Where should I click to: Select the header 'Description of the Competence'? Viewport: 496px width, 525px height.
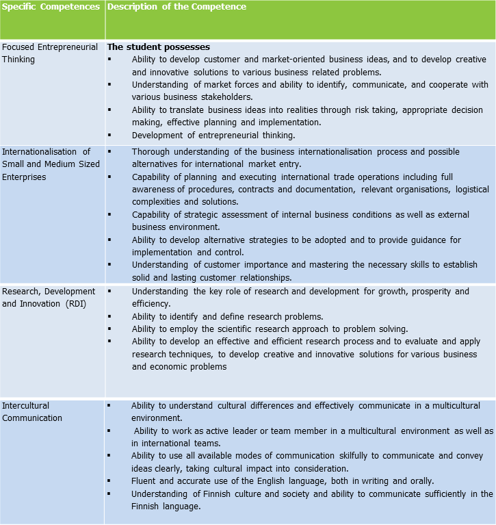click(x=177, y=7)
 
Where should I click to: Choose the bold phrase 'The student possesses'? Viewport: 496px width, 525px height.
click(x=158, y=47)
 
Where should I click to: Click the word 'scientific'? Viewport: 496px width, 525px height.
click(x=246, y=329)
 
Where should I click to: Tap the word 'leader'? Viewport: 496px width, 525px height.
click(x=252, y=431)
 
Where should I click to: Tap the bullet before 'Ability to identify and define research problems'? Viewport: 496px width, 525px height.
click(x=109, y=316)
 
